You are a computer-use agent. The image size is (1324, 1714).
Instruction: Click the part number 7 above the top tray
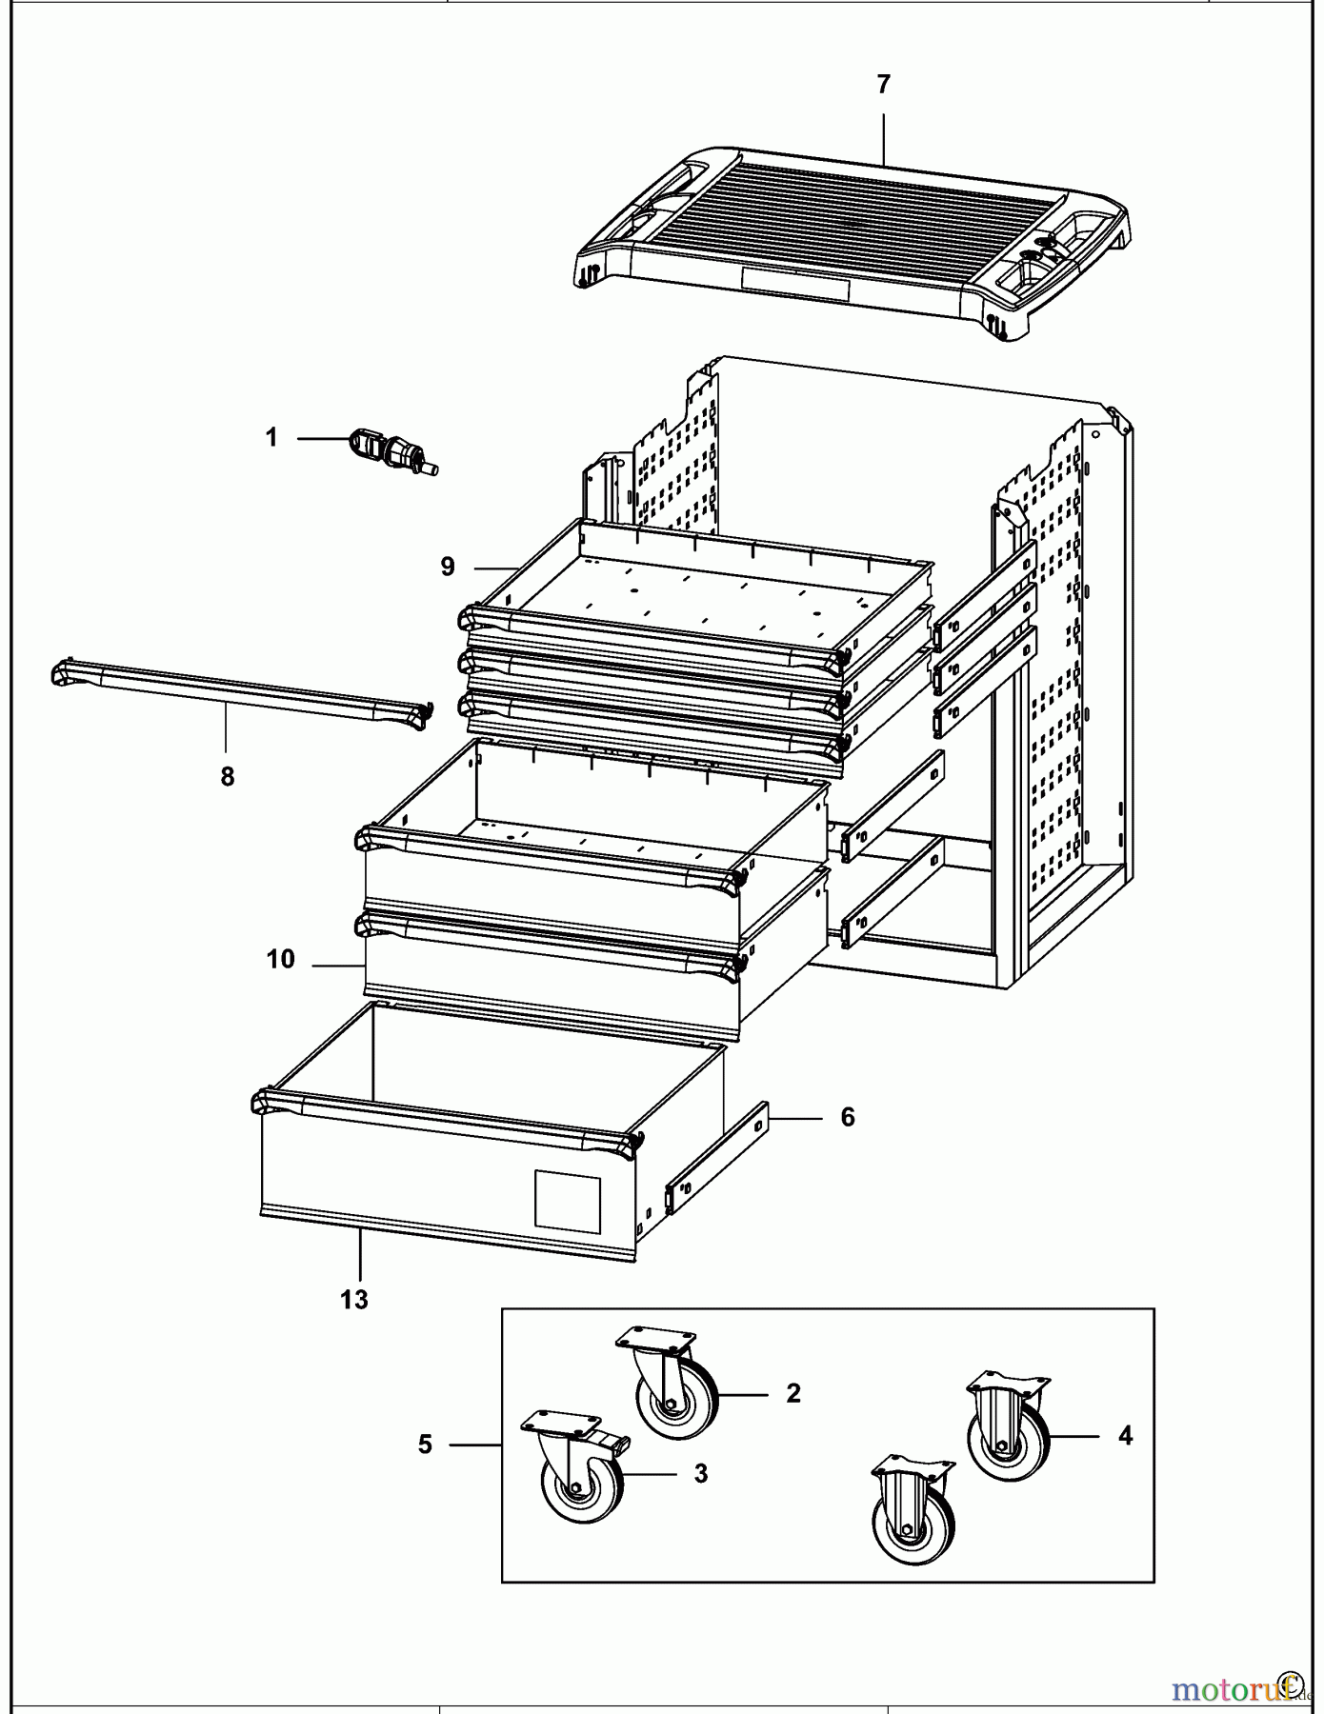click(883, 85)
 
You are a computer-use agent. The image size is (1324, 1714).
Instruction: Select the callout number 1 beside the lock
click(271, 437)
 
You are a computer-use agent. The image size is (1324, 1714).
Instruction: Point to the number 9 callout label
click(448, 567)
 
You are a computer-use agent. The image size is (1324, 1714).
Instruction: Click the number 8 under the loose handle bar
click(227, 777)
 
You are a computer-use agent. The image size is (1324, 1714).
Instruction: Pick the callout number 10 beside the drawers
click(281, 959)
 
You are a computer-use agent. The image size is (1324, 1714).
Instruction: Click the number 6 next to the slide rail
click(848, 1117)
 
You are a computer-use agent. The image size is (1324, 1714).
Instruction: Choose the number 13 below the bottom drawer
click(354, 1299)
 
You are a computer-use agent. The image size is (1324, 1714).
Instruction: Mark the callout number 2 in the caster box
click(793, 1393)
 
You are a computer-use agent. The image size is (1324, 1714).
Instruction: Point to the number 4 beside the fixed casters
click(1125, 1436)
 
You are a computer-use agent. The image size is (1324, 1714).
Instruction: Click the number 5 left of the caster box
click(426, 1445)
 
